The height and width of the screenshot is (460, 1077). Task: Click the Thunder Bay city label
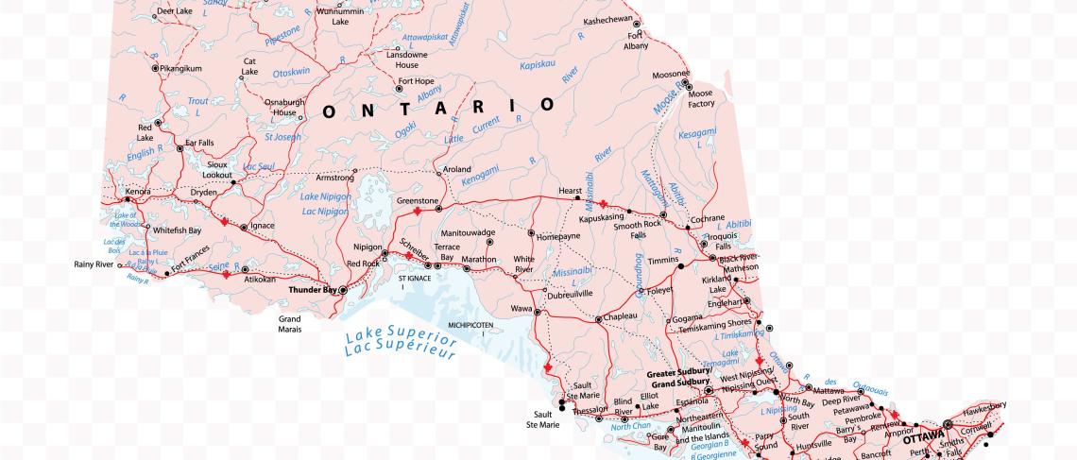click(x=313, y=291)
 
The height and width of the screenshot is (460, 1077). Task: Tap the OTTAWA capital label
click(x=923, y=438)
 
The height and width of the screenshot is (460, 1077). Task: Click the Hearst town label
click(x=570, y=191)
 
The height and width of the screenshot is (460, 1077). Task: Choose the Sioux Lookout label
click(x=218, y=170)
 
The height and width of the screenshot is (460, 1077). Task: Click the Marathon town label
click(x=479, y=259)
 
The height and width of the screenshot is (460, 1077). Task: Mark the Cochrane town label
click(x=708, y=218)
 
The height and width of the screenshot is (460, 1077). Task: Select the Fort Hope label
click(x=416, y=81)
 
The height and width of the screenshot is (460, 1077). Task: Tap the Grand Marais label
click(x=289, y=325)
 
